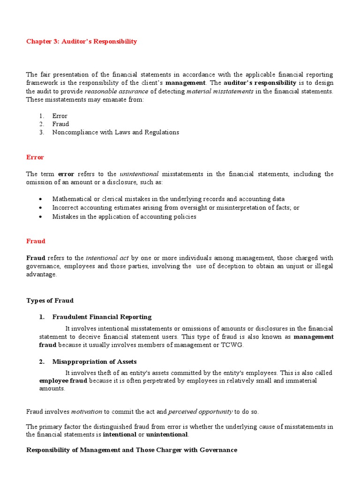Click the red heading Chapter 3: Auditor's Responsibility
click(82, 41)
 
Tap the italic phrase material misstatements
click(220, 91)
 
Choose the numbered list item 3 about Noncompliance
click(115, 132)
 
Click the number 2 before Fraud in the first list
click(41, 124)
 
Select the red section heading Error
click(35, 157)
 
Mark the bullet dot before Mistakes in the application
click(41, 217)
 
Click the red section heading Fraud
click(36, 241)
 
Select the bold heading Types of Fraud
click(50, 300)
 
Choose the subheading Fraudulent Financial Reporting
click(102, 317)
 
